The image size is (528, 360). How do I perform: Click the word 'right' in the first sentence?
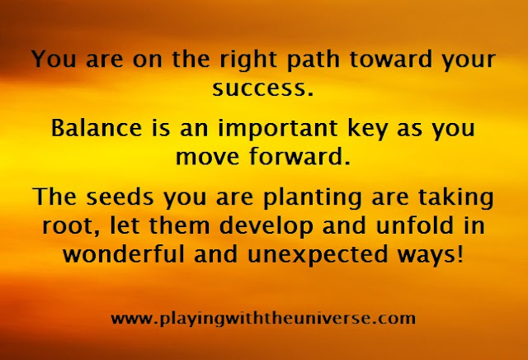point(248,60)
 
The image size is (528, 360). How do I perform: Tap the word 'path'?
point(313,60)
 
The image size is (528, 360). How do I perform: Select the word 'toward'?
point(390,59)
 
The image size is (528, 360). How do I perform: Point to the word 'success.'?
point(263,88)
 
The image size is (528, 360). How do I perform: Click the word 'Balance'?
point(97,128)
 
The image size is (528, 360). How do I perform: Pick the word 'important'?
point(278,129)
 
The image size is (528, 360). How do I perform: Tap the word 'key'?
point(368,129)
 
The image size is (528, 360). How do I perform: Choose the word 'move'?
point(207,158)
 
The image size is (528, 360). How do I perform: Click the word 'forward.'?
point(299,156)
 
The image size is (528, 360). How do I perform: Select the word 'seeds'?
point(120,197)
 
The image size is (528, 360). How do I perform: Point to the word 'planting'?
point(313,198)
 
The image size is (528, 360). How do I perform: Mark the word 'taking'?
point(456,198)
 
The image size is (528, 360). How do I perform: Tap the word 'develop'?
point(266,227)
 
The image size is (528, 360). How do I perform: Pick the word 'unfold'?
point(414,225)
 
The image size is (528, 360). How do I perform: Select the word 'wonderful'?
point(124,253)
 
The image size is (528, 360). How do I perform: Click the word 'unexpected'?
point(318,255)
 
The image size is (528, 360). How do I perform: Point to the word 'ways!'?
point(431,255)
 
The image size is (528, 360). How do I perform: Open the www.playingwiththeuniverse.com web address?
point(263,319)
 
